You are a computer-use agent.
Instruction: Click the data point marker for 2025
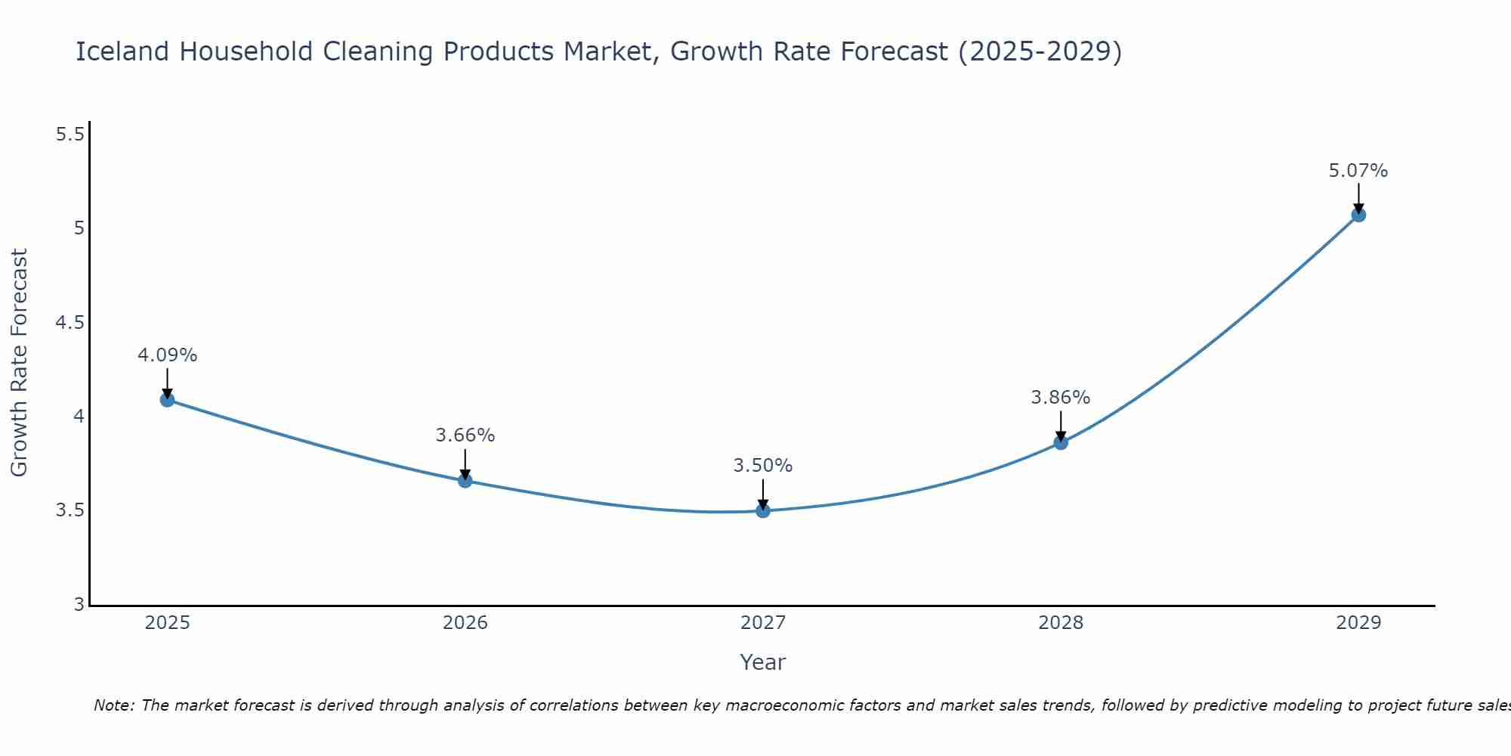[x=168, y=400]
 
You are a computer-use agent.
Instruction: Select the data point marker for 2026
[x=465, y=481]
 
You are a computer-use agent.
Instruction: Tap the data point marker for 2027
[x=763, y=511]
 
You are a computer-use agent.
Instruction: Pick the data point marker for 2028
[x=1061, y=443]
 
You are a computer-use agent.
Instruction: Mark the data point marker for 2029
[x=1358, y=215]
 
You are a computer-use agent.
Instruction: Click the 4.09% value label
[x=168, y=355]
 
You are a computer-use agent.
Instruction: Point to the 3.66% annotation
[x=465, y=435]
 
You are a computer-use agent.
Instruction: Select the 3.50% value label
[x=763, y=466]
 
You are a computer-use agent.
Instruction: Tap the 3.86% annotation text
[x=1061, y=398]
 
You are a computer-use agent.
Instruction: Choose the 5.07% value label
[x=1358, y=171]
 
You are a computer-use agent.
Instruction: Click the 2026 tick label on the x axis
[x=465, y=623]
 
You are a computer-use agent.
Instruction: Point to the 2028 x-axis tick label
[x=1061, y=623]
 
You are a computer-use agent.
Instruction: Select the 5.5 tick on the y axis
[x=70, y=135]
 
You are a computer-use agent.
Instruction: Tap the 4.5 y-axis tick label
[x=70, y=323]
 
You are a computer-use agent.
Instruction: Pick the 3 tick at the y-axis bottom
[x=79, y=605]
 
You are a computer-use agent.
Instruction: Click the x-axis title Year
[x=763, y=662]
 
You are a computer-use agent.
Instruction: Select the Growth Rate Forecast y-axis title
[x=19, y=363]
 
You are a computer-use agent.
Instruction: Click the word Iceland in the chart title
[x=122, y=51]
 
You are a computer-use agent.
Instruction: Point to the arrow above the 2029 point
[x=1358, y=198]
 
